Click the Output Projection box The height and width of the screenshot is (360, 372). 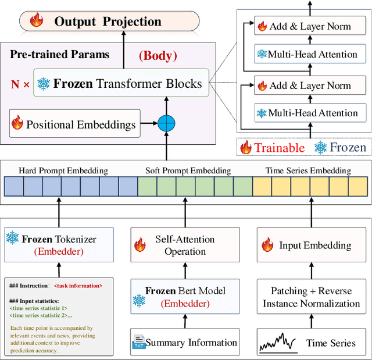pos(109,22)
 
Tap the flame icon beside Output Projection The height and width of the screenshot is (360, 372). pos(37,22)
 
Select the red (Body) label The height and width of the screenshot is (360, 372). pos(158,56)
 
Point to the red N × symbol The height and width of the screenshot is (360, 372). pos(20,84)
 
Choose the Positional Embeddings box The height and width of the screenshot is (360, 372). pos(74,123)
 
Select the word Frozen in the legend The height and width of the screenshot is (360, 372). pos(348,148)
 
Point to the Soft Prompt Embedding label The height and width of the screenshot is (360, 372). pos(188,170)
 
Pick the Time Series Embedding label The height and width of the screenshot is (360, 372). pos(308,170)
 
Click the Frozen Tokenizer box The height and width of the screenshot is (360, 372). pos(59,244)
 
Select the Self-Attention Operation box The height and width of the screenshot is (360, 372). pos(184,245)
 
